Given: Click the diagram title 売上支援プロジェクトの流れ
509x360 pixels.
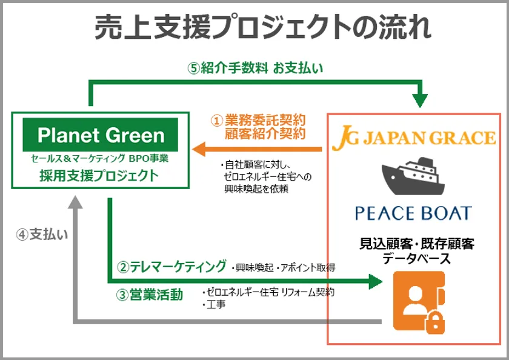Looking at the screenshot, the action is [x=263, y=27].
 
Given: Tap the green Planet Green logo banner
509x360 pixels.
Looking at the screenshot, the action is [x=101, y=135].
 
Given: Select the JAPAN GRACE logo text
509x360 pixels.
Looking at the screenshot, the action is [x=414, y=138].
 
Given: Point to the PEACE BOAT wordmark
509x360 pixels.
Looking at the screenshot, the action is [x=413, y=213].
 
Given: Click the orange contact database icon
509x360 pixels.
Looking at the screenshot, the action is [x=419, y=302].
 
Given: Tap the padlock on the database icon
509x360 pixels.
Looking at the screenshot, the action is [x=435, y=322].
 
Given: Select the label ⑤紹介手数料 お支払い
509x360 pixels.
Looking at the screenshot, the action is [x=255, y=68].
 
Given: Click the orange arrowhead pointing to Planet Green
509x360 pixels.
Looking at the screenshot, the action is [x=199, y=149].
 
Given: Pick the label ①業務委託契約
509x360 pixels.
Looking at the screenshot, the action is [x=258, y=121].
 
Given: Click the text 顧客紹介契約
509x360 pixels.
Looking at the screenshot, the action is [x=265, y=133].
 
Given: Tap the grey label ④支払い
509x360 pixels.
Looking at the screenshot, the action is [x=42, y=235].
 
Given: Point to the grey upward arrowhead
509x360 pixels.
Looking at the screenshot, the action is [x=75, y=202].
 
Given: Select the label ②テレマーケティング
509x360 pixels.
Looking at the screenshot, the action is [x=171, y=267].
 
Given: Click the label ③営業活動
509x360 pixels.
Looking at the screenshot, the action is [x=150, y=295].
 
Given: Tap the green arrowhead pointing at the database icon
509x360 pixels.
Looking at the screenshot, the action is [x=376, y=281].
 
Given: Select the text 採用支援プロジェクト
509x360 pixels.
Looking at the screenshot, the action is [x=99, y=176].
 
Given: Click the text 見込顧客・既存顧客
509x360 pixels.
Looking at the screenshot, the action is [x=417, y=244].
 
